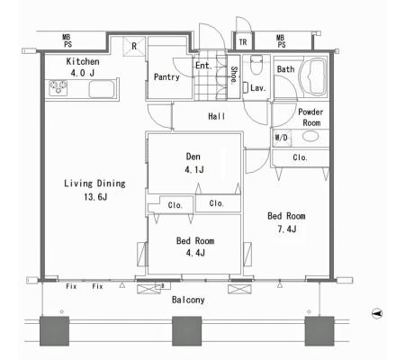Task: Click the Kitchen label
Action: pos(83,61)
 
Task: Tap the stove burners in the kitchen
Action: pos(58,87)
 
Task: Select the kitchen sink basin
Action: pos(102,89)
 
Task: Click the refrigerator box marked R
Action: pos(134,46)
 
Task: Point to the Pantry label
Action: pos(166,77)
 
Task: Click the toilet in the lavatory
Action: pos(256,65)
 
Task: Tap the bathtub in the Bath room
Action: pos(314,76)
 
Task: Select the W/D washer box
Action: pos(282,138)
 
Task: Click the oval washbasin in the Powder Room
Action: pos(310,136)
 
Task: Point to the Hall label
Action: pos(216,116)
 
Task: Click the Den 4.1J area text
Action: pos(193,163)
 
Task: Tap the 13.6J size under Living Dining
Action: pos(95,197)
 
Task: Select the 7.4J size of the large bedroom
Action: pos(287,229)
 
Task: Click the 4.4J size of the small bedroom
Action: pos(195,253)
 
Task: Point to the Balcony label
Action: pos(188,300)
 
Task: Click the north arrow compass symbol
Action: pos(377,314)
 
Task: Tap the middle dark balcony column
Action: pos(186,331)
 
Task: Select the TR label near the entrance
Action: pos(243,42)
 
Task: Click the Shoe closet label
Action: pos(234,75)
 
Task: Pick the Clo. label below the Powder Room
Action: pos(300,157)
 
